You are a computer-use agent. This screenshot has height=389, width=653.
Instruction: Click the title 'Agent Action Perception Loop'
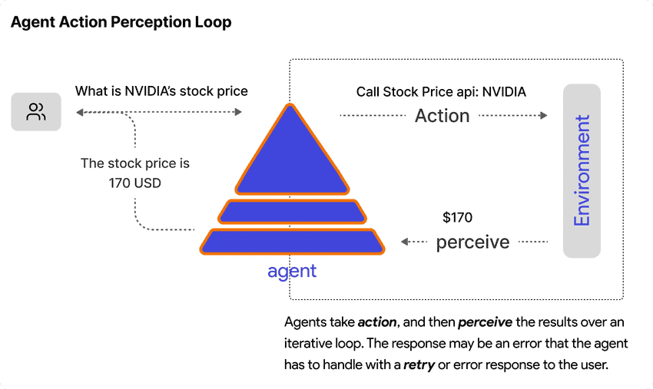pyautogui.click(x=121, y=22)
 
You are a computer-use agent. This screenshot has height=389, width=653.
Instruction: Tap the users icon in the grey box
pyautogui.click(x=36, y=112)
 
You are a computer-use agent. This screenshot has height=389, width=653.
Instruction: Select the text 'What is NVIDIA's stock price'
pyautogui.click(x=161, y=91)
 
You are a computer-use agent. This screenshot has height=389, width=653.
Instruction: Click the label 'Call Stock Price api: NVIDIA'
pyautogui.click(x=441, y=92)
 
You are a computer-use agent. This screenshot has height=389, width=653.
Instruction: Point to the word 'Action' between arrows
pyautogui.click(x=442, y=116)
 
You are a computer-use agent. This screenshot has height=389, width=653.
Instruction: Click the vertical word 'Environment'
pyautogui.click(x=582, y=170)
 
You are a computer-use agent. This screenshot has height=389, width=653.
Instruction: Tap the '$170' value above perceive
pyautogui.click(x=458, y=218)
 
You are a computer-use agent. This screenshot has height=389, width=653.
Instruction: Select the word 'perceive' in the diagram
pyautogui.click(x=472, y=242)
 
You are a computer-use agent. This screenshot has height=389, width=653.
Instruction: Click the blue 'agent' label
pyautogui.click(x=292, y=271)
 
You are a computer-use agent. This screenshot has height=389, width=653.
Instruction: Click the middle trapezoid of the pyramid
pyautogui.click(x=290, y=211)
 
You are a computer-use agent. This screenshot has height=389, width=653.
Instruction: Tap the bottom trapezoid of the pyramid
pyautogui.click(x=291, y=241)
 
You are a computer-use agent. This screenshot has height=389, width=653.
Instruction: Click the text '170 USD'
pyautogui.click(x=135, y=183)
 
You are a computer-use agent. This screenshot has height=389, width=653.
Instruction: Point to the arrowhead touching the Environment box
pyautogui.click(x=544, y=116)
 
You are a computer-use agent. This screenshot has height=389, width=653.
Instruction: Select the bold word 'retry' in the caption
pyautogui.click(x=419, y=364)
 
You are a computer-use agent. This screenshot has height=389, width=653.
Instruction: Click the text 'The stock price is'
pyautogui.click(x=135, y=163)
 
